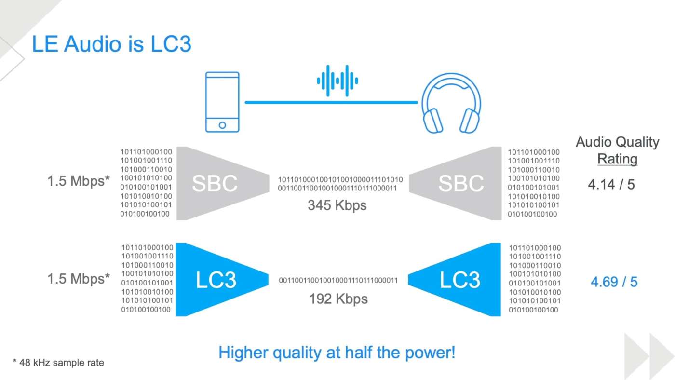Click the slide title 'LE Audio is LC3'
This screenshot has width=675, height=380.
(x=111, y=44)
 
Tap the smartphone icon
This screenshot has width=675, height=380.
(x=222, y=102)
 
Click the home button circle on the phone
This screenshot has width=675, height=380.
(x=222, y=125)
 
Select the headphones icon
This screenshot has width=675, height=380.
(x=451, y=103)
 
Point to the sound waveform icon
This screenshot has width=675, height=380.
(x=337, y=81)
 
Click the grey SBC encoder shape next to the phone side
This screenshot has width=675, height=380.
(x=223, y=183)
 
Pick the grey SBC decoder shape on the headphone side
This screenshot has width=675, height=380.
(x=455, y=183)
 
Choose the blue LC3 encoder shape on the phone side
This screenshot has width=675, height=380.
(x=222, y=279)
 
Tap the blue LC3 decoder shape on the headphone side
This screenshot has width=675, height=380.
(x=454, y=279)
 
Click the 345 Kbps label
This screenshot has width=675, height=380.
(x=337, y=205)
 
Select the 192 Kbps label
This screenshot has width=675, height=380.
(x=338, y=299)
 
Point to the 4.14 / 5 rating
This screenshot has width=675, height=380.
(x=611, y=184)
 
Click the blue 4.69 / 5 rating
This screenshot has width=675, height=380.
(x=614, y=282)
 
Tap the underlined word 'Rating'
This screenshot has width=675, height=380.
(x=618, y=159)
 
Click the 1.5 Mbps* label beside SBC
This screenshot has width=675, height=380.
(x=79, y=181)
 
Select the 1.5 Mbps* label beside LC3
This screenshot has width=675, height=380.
(x=79, y=279)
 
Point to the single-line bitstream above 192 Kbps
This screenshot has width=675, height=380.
(x=338, y=280)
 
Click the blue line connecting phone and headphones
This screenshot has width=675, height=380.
(x=331, y=102)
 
